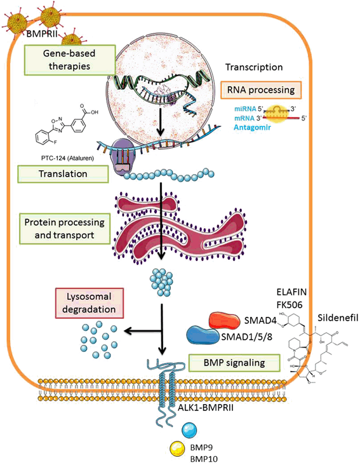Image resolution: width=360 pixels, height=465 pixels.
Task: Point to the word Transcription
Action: click(254, 67)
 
